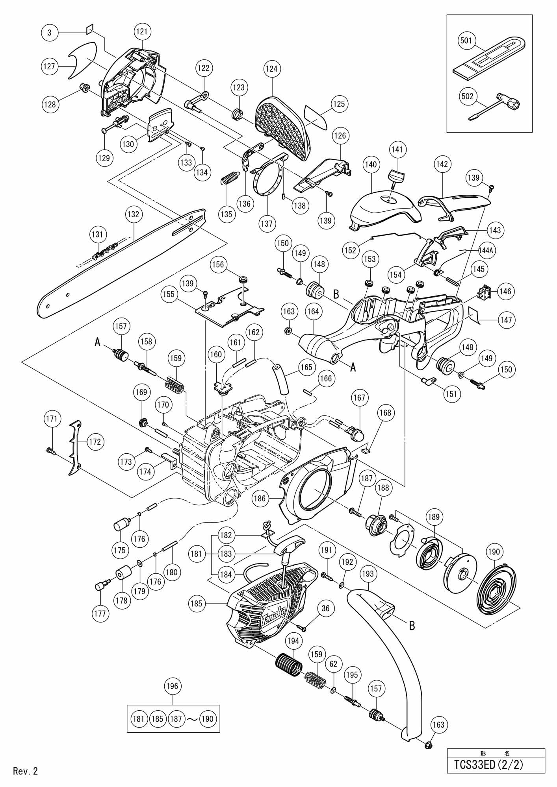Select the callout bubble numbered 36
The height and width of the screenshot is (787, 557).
tap(325, 608)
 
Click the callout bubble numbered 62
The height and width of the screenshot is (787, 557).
tap(333, 664)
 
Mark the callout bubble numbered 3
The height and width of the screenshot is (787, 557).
tap(50, 33)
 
